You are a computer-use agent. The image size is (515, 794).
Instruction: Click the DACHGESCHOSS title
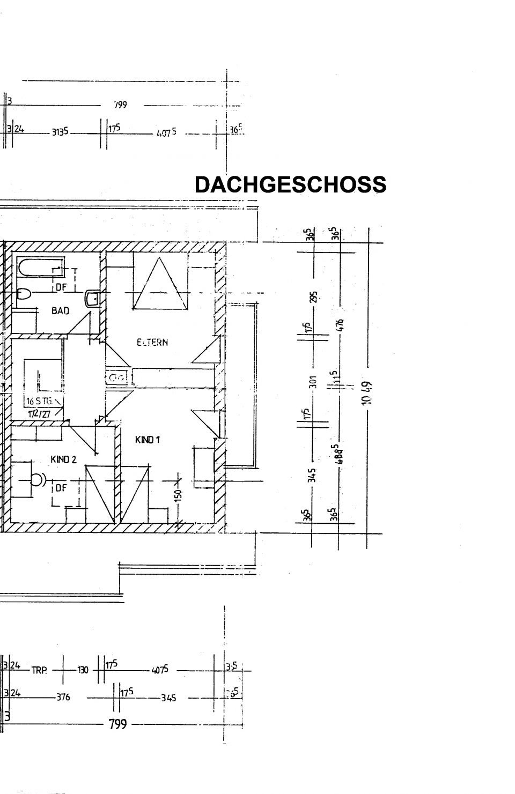(290, 184)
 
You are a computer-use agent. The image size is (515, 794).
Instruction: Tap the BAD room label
(60, 310)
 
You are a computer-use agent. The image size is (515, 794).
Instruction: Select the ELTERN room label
(152, 342)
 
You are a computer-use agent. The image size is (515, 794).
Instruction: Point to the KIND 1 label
(148, 440)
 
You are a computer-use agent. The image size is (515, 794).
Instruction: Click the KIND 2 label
(63, 459)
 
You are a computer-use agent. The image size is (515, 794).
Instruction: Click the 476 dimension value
(340, 325)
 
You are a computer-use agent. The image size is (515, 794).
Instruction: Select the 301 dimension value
(313, 381)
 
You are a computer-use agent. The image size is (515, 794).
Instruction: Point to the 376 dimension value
(63, 697)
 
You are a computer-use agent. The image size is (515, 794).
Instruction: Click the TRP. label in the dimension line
(39, 670)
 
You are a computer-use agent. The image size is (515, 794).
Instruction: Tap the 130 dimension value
(83, 670)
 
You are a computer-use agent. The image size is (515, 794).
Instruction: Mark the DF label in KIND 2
(61, 488)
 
